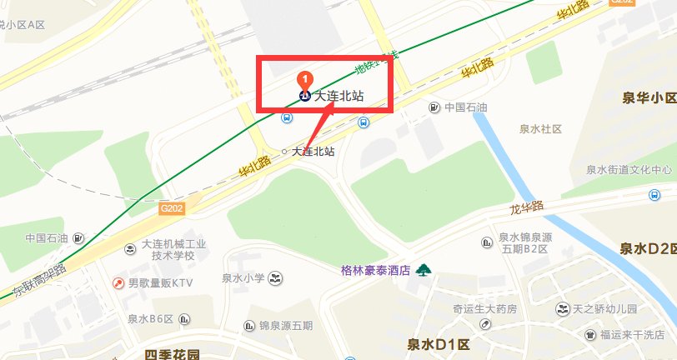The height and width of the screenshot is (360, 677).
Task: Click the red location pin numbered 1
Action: tap(305, 79)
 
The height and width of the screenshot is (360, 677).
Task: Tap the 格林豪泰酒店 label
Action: tap(376, 269)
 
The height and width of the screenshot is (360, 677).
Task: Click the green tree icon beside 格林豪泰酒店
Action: tap(424, 269)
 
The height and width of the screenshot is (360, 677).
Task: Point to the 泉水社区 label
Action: tap(541, 129)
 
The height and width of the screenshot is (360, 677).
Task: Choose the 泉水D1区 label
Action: tap(439, 343)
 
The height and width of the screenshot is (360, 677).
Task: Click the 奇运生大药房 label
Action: tap(484, 309)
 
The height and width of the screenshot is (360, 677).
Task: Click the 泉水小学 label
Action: tap(243, 277)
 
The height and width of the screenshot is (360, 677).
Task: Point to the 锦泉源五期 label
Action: tap(286, 325)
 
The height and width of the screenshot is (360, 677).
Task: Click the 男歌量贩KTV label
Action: tap(160, 283)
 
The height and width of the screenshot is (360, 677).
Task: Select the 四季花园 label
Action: tap(173, 354)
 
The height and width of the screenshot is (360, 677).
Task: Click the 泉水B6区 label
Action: tap(150, 318)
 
